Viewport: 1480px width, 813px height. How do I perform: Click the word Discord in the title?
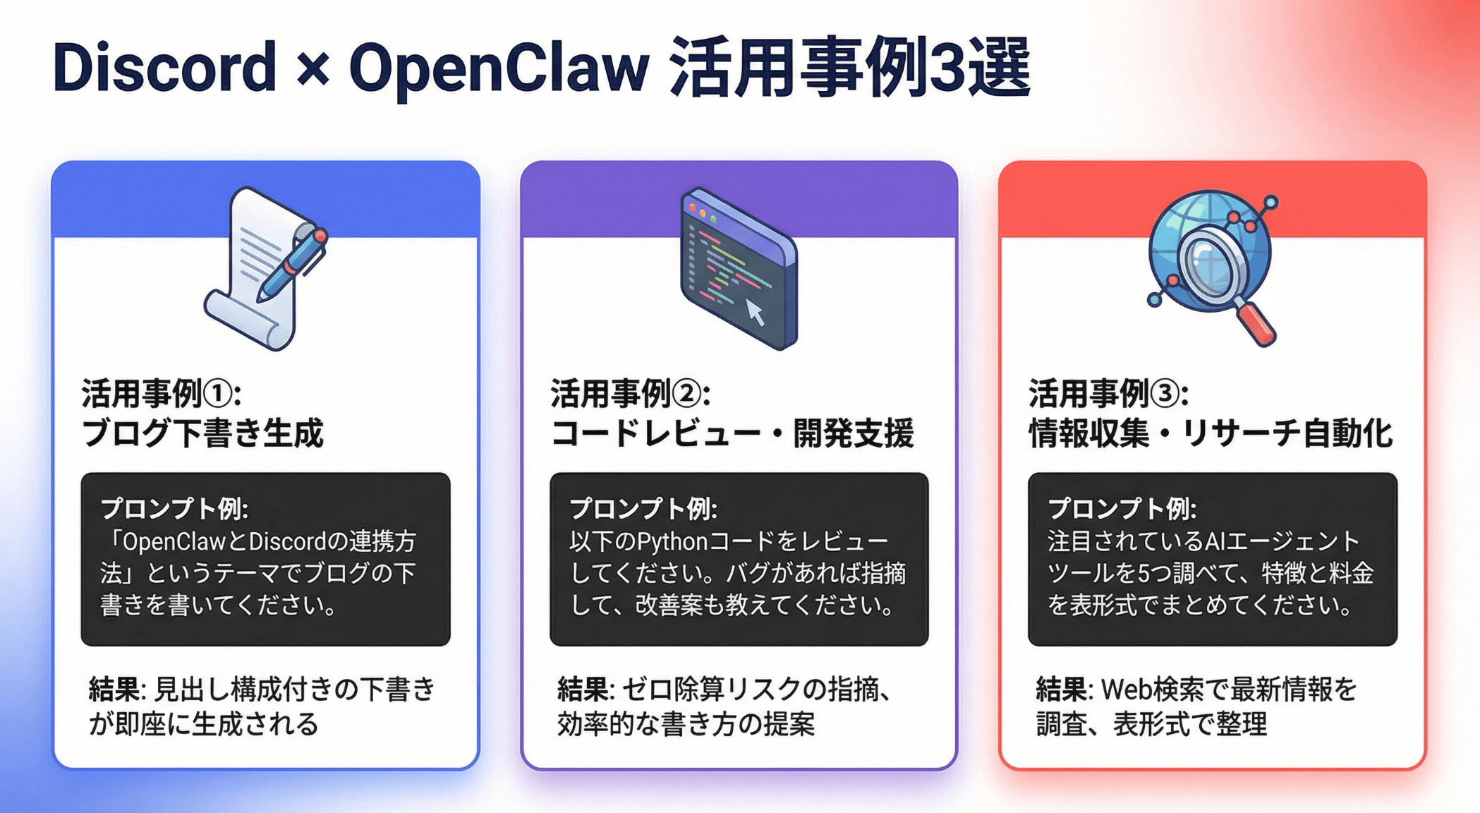pyautogui.click(x=164, y=68)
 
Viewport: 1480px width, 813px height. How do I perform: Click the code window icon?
pyautogui.click(x=739, y=268)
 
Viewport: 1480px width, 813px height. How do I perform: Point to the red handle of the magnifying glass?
pyautogui.click(x=1256, y=323)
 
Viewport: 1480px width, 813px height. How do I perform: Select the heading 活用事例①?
pyautogui.click(x=162, y=393)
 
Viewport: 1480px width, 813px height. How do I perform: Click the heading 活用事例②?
pyautogui.click(x=630, y=393)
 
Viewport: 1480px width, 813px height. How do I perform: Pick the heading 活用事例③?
pyautogui.click(x=1108, y=393)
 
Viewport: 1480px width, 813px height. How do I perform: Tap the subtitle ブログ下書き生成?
pyautogui.click(x=202, y=433)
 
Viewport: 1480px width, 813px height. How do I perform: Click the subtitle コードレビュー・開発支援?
pyautogui.click(x=732, y=433)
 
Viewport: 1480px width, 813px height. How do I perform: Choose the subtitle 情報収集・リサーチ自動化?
pyautogui.click(x=1211, y=433)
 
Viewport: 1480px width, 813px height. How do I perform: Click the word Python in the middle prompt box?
pyautogui.click(x=672, y=542)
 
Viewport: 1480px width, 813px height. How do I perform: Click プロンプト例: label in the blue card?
pyautogui.click(x=175, y=508)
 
